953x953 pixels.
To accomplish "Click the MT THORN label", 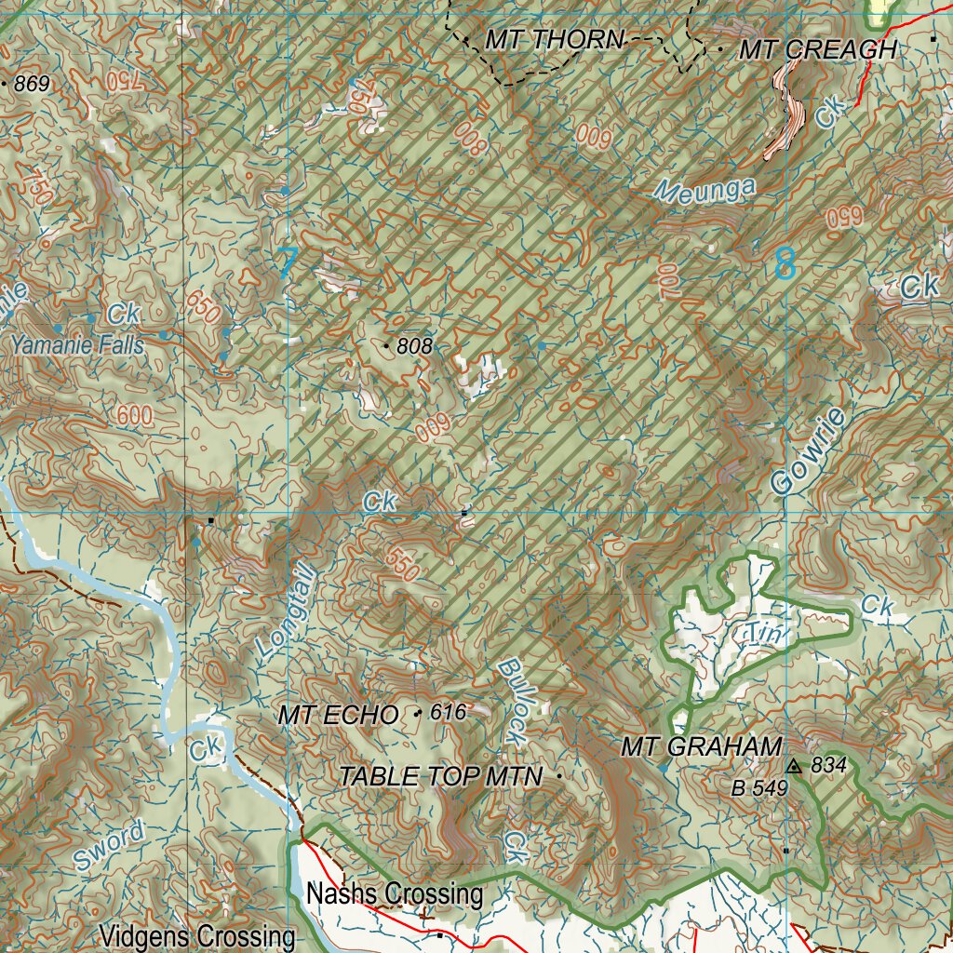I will point(554,40).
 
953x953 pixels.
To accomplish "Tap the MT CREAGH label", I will point(817,50).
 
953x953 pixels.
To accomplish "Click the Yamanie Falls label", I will point(78,345).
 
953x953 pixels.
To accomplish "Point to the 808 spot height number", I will point(414,346).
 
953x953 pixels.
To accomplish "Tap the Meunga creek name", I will point(705,189).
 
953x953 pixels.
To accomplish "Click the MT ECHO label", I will point(338,715).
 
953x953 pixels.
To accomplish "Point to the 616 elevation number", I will point(447,712).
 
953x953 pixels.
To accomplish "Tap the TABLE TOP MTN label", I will point(440,776).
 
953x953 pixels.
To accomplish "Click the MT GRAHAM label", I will point(701,746).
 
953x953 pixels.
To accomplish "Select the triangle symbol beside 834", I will point(793,766).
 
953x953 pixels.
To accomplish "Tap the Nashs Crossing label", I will point(395,894).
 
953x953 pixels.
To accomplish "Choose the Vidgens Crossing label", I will point(197,935).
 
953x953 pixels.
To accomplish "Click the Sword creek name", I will point(110,846).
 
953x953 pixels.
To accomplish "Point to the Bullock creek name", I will point(511,701).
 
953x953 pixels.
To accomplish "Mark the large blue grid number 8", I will point(785,263).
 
